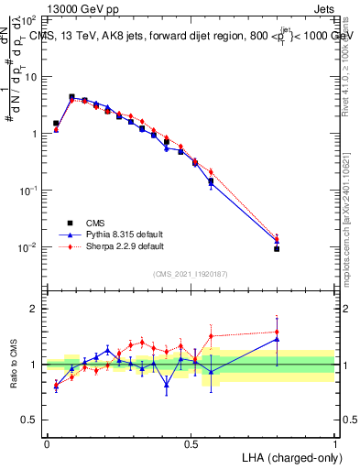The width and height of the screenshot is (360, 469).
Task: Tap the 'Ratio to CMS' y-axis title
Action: click(14, 364)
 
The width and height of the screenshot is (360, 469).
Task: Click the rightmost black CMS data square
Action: click(277, 248)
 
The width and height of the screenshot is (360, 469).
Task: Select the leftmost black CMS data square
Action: click(56, 123)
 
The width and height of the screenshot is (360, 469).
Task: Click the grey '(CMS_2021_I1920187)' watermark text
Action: click(191, 273)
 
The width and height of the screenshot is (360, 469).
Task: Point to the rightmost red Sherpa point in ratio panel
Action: click(277, 332)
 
